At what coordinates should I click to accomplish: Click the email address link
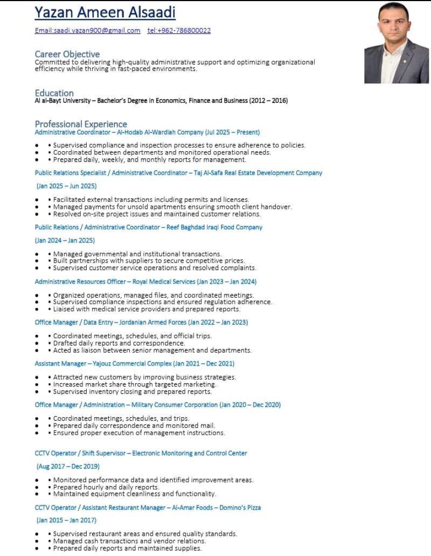pyautogui.click(x=87, y=31)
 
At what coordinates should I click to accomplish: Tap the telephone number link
pyautogui.click(x=179, y=31)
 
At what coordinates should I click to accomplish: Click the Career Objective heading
pyautogui.click(x=67, y=54)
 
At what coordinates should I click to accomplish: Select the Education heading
pyautogui.click(x=54, y=93)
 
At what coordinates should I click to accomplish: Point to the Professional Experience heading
pyautogui.click(x=81, y=124)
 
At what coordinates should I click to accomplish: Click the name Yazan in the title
pyautogui.click(x=57, y=12)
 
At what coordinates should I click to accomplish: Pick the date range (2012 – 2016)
pyautogui.click(x=268, y=101)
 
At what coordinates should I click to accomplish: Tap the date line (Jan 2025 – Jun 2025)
pyautogui.click(x=66, y=186)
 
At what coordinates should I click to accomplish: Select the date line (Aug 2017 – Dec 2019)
pyautogui.click(x=68, y=466)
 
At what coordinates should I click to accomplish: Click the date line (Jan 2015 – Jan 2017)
pyautogui.click(x=66, y=520)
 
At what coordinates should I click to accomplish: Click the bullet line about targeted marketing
pyautogui.click(x=135, y=384)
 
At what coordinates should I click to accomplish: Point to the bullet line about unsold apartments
pyautogui.click(x=172, y=207)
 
